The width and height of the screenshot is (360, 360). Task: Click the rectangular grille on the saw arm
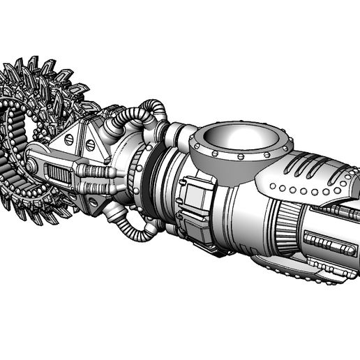(60, 174)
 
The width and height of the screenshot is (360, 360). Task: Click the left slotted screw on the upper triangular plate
(68, 139)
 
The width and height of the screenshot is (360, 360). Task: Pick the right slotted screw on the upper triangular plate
(90, 144)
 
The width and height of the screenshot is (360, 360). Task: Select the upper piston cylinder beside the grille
(96, 171)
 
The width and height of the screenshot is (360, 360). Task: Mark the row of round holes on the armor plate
(307, 190)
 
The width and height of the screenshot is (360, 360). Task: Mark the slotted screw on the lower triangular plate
(93, 202)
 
